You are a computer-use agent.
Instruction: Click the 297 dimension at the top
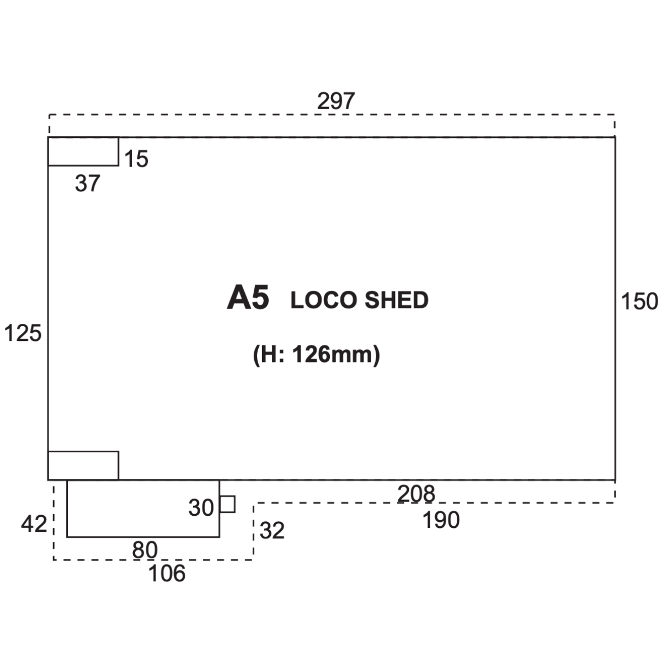[335, 101]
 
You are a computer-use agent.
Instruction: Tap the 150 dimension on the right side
[639, 301]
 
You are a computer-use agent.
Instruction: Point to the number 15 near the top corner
[136, 159]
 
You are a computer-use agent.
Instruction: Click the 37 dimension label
[88, 183]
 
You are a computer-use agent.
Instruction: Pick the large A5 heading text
[248, 297]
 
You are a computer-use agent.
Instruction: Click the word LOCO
[324, 300]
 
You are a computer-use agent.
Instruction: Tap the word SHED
[397, 300]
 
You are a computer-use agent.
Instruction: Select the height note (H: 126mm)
[317, 355]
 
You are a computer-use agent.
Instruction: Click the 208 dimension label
[416, 494]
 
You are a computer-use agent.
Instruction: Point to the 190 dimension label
[441, 520]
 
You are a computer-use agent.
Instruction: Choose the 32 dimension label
[272, 530]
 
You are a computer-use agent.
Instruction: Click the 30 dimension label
[201, 508]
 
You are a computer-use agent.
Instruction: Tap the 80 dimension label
[145, 550]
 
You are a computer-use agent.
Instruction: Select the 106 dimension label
[167, 573]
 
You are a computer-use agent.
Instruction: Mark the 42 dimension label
[34, 524]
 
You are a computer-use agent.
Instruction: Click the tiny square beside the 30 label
[227, 504]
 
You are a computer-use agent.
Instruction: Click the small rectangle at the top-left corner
[83, 152]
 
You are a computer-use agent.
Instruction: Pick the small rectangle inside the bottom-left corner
[83, 466]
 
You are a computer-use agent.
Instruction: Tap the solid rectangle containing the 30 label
[143, 509]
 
